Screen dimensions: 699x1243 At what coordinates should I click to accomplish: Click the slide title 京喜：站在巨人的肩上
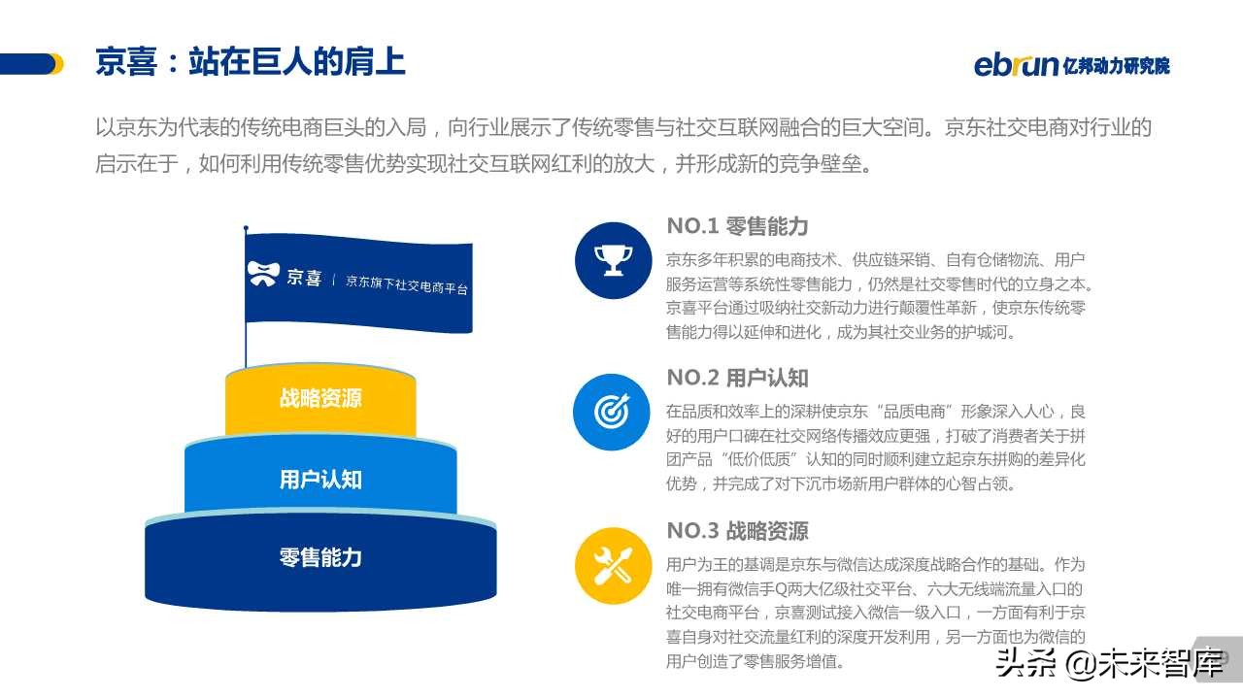coord(250,62)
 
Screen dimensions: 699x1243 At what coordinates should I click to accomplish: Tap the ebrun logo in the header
coord(1016,65)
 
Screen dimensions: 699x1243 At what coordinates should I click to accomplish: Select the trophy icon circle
coord(612,259)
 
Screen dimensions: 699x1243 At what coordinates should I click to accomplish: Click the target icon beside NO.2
coord(612,412)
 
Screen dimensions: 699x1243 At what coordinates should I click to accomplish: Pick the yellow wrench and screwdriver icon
coord(612,565)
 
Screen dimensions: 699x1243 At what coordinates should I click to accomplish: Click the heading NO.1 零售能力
coord(737,226)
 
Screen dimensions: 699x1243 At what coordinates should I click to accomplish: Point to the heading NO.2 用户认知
coord(737,378)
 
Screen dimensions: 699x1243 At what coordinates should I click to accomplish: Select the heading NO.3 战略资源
coord(737,531)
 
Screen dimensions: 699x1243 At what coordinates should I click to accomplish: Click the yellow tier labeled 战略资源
coord(320,399)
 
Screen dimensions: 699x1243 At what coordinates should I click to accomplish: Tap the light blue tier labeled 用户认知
coord(320,480)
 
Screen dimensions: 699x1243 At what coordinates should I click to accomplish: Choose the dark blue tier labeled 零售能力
coord(320,558)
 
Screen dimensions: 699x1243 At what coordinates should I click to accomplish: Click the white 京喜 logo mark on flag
coord(263,274)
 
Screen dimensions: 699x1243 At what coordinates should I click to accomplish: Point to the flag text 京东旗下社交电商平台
coord(407,284)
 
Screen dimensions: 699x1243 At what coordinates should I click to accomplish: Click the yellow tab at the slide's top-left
coord(55,64)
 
